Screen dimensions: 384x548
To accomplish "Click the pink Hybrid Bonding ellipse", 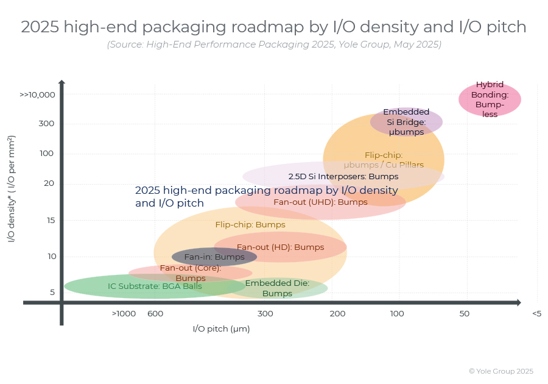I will tap(490, 99).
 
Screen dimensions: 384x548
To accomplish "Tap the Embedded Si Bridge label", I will tap(406, 122).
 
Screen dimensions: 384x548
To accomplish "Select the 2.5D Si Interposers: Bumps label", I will tap(343, 176).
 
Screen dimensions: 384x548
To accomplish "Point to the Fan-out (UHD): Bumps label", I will tap(320, 202).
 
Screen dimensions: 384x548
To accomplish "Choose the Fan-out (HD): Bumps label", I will tap(280, 247).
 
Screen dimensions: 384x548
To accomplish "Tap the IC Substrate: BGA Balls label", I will tap(155, 286).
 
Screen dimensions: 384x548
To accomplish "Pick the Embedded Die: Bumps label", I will tap(277, 288).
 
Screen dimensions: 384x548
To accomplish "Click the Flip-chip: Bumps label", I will tap(250, 225).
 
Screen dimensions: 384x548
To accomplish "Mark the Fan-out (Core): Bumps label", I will tap(191, 273).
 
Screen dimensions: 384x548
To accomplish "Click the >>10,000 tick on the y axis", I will tap(37, 95).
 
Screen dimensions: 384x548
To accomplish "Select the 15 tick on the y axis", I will tap(51, 220).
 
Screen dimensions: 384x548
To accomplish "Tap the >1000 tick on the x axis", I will tap(124, 314).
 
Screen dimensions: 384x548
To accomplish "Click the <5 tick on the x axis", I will tap(536, 314).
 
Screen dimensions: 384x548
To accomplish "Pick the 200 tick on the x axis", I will tap(337, 314).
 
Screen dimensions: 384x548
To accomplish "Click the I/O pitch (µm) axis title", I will tap(221, 329).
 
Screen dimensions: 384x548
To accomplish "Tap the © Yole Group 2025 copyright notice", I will tap(501, 371).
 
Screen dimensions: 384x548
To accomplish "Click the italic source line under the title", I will tap(274, 44).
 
